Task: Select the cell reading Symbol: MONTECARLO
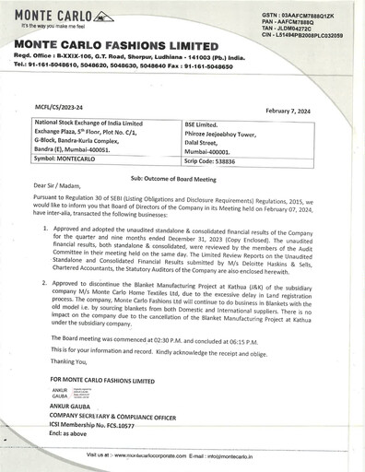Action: (x=69, y=159)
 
